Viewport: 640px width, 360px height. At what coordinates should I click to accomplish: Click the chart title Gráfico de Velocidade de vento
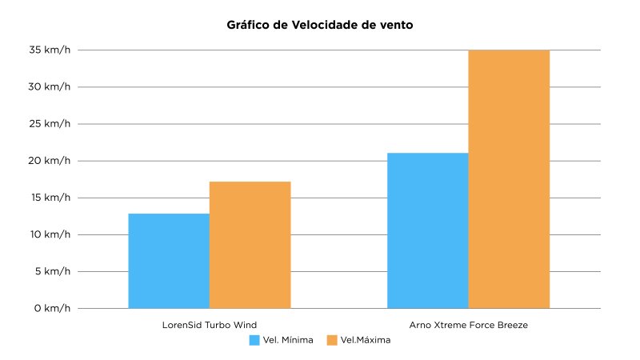[320, 25]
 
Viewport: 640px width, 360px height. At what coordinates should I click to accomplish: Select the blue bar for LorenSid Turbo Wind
[169, 261]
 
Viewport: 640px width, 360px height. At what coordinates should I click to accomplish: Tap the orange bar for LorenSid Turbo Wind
[250, 245]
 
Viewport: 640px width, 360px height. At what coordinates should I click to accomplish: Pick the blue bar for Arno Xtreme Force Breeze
[427, 230]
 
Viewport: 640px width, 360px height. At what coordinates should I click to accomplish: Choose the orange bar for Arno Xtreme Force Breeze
[509, 179]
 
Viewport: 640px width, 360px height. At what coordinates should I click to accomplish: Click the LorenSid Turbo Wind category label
[209, 326]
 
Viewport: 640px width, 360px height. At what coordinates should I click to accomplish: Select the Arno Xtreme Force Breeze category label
[468, 326]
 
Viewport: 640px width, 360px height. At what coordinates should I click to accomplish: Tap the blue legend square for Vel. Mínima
[254, 340]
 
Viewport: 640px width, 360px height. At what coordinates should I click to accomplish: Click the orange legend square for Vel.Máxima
[332, 340]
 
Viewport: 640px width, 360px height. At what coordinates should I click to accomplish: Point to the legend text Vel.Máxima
[366, 340]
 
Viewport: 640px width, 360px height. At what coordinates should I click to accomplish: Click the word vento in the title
[396, 25]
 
